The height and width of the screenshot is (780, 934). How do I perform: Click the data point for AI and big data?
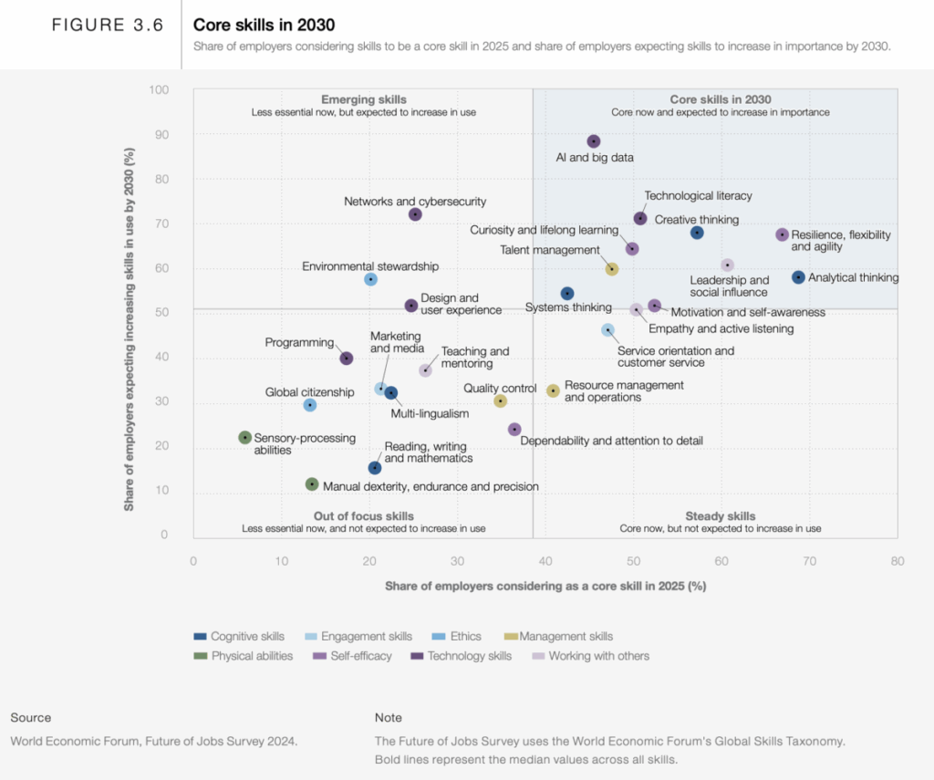click(x=594, y=141)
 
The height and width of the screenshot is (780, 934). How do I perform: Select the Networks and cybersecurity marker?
click(x=415, y=214)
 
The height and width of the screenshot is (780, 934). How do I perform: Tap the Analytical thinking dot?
click(x=798, y=277)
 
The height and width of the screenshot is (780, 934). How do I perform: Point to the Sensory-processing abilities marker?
click(x=244, y=438)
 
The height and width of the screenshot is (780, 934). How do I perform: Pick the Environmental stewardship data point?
click(x=370, y=279)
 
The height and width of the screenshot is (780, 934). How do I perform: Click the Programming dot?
click(x=347, y=359)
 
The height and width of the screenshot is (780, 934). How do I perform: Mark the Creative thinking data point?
click(x=697, y=233)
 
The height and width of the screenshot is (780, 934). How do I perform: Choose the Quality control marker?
click(x=500, y=400)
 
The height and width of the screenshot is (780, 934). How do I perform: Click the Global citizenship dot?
click(x=310, y=405)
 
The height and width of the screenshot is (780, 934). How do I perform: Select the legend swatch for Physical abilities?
click(x=200, y=656)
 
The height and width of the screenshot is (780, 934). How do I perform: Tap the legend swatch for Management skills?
click(x=511, y=637)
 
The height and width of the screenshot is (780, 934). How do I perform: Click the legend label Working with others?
click(x=599, y=656)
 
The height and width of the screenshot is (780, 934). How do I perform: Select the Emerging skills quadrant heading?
click(x=364, y=99)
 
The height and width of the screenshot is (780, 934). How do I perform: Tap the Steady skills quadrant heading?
click(x=721, y=516)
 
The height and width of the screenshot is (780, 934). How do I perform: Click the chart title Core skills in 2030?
click(x=264, y=26)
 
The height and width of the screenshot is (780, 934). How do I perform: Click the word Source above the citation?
click(x=31, y=718)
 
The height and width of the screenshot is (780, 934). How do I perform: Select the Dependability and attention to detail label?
click(x=611, y=442)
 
